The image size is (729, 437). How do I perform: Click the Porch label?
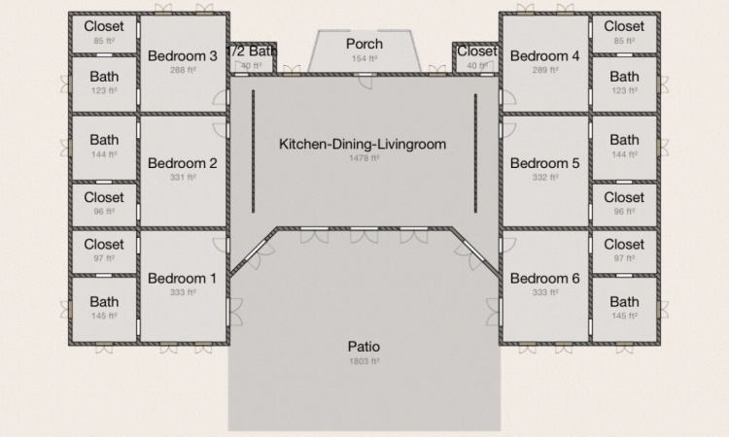tap(364, 44)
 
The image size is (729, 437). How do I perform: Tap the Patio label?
tap(364, 347)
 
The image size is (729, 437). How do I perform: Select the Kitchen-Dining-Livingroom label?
tap(363, 144)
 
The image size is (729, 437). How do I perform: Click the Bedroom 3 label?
tap(183, 56)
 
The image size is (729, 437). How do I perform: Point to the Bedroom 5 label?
tap(545, 163)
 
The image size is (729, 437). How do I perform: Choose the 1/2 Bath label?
tap(252, 51)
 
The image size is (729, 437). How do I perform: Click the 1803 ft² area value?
tap(364, 361)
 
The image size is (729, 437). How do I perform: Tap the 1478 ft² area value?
tap(364, 158)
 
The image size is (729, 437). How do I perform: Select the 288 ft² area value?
tap(183, 70)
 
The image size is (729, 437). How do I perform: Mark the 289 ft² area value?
tap(545, 70)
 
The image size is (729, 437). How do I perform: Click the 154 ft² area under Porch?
tap(364, 58)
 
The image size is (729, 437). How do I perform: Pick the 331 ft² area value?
tap(183, 178)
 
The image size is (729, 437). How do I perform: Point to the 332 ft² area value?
tap(545, 178)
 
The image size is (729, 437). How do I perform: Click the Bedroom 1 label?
tap(183, 279)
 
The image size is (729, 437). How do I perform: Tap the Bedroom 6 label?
tap(545, 279)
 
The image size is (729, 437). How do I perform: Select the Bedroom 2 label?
tap(183, 163)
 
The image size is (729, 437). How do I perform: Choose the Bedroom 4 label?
tap(545, 56)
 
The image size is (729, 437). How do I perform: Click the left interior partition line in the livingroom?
tap(253, 151)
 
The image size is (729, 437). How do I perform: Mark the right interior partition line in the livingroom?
tap(475, 153)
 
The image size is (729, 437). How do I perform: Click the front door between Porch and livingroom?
tap(364, 80)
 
